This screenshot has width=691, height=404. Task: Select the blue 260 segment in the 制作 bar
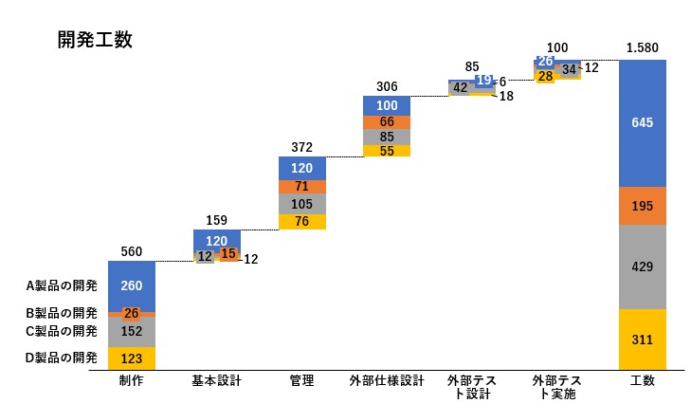(x=132, y=285)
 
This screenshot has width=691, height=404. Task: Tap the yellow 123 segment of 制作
(x=132, y=358)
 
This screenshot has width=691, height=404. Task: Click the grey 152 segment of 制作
(x=132, y=331)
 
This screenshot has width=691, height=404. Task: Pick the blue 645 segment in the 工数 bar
(x=642, y=122)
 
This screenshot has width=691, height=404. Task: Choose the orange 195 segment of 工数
(x=642, y=206)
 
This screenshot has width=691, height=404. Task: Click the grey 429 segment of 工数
(x=642, y=266)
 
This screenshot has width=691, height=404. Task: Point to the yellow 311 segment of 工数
(x=642, y=339)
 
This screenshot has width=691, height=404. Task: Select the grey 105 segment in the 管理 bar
(x=302, y=204)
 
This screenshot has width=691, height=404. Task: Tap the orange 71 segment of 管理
(x=302, y=187)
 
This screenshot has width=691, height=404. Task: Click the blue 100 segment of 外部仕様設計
(x=387, y=105)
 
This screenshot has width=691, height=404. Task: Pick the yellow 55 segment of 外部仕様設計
(x=387, y=151)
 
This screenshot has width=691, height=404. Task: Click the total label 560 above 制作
(x=132, y=251)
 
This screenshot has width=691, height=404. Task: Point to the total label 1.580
(x=642, y=47)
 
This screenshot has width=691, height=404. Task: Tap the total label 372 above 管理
(x=302, y=147)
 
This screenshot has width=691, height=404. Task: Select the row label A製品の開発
(x=62, y=285)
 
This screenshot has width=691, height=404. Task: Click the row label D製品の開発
(x=62, y=358)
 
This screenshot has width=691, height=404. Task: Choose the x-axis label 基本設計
(x=217, y=381)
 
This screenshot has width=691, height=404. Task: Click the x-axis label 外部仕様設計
(x=387, y=381)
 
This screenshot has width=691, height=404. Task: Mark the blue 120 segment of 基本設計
(x=217, y=241)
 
